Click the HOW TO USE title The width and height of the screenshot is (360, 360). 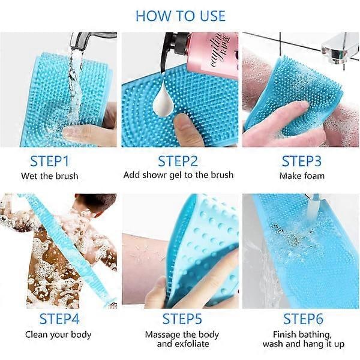tap(181, 16)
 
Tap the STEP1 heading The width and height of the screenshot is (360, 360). tap(49, 161)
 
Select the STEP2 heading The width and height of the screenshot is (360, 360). tap(178, 161)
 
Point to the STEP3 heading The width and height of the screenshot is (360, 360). tap(301, 161)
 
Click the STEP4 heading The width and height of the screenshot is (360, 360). tap(59, 319)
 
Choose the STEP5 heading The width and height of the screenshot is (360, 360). tap(182, 319)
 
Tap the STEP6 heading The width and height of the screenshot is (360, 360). tap(303, 319)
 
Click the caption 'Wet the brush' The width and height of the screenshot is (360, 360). tap(50, 176)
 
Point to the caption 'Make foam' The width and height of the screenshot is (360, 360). tap(302, 176)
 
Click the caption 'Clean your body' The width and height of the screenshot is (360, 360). tap(58, 335)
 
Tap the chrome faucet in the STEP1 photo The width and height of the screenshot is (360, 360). tap(92, 40)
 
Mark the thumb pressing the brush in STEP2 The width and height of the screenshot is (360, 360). tap(185, 130)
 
